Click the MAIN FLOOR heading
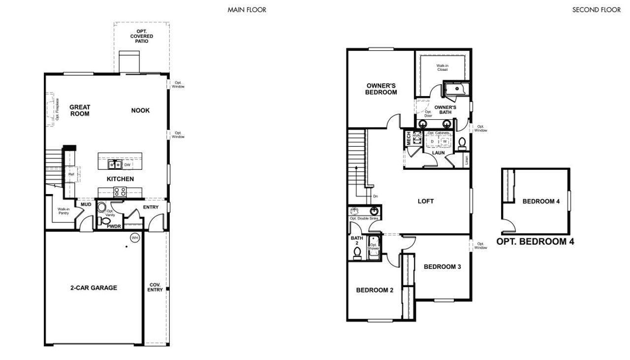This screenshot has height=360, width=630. [x=247, y=10]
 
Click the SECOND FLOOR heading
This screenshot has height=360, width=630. [x=596, y=10]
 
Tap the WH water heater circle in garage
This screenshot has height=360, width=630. [x=134, y=238]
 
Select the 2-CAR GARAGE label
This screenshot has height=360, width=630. [x=94, y=288]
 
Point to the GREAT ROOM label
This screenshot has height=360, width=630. [x=80, y=110]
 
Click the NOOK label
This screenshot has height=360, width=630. [x=140, y=110]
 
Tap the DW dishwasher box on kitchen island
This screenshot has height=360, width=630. [x=127, y=165]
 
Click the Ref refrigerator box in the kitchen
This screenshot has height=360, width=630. [x=71, y=174]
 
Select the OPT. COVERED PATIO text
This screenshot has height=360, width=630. [x=142, y=36]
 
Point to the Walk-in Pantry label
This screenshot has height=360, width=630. [x=63, y=211]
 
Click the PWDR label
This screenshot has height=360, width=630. [x=114, y=227]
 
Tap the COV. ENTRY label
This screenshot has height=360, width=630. [x=155, y=287]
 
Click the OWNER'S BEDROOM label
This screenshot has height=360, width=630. [x=381, y=89]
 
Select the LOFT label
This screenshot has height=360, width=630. [x=426, y=201]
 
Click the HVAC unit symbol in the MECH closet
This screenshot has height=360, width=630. [x=417, y=138]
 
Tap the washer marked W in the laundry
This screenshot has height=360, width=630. [x=445, y=141]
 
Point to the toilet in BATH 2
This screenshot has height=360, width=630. [x=357, y=252]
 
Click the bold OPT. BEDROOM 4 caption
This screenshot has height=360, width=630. [x=535, y=242]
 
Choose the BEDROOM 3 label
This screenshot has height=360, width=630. [x=442, y=267]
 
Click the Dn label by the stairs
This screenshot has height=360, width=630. [x=375, y=196]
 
